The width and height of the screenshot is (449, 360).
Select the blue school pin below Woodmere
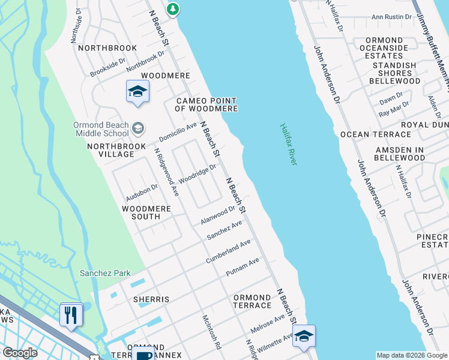[x=137, y=92]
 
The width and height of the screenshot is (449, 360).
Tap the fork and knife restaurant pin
[x=71, y=315]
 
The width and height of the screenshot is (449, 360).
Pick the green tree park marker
[x=173, y=8]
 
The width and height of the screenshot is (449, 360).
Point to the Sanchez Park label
[x=106, y=273]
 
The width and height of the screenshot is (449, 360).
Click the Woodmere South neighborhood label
[x=146, y=212]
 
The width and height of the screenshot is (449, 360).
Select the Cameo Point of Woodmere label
[x=206, y=104]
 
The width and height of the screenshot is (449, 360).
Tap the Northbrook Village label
[x=110, y=150]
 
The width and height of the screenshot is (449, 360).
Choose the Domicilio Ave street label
[x=178, y=130]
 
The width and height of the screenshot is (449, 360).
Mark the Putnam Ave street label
[x=243, y=267]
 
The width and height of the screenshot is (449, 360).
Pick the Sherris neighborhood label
[x=152, y=299]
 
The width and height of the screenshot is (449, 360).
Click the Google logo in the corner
[x=20, y=352]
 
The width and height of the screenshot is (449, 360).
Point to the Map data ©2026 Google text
[x=412, y=355]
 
